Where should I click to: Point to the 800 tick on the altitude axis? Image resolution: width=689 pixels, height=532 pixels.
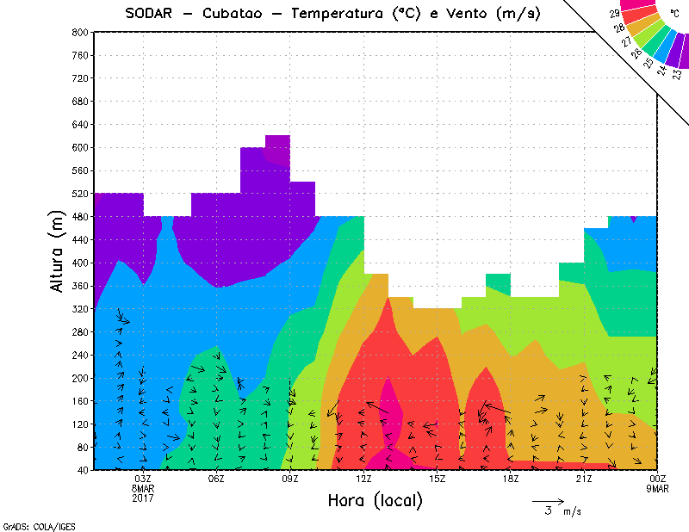[79, 32]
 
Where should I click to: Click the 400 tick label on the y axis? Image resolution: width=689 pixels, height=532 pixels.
[79, 263]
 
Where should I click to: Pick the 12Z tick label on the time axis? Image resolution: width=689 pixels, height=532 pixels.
[363, 479]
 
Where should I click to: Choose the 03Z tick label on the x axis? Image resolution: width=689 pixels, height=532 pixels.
[143, 479]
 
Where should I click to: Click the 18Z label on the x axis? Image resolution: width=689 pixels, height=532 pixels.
[511, 479]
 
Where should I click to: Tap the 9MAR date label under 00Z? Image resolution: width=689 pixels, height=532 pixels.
[657, 489]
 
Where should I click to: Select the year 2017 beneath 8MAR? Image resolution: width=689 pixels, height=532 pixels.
[143, 498]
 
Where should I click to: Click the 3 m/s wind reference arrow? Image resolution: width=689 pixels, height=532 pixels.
[548, 500]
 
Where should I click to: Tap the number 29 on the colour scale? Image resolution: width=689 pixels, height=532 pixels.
[614, 15]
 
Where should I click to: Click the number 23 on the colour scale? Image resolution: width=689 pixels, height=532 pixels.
[675, 74]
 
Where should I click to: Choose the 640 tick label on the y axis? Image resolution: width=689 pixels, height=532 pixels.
[79, 124]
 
